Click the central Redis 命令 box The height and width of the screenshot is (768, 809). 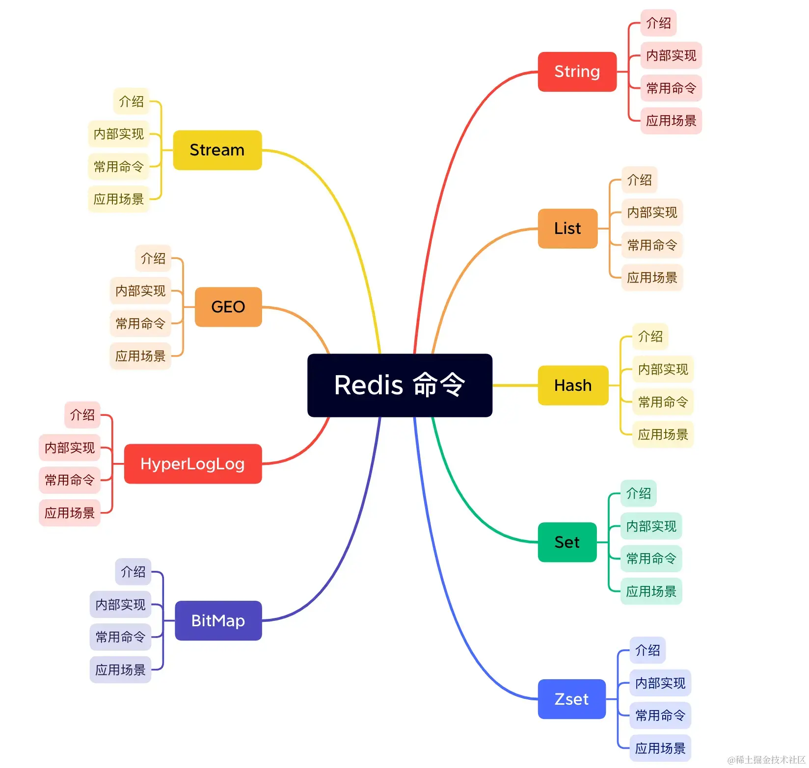tap(400, 385)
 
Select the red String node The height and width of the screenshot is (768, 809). tap(577, 72)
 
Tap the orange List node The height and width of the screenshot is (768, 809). tap(567, 229)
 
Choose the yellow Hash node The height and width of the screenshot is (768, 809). tap(573, 385)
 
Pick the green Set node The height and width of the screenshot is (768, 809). tap(567, 542)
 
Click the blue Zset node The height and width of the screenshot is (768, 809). tap(571, 699)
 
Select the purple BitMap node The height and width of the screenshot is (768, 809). tap(218, 620)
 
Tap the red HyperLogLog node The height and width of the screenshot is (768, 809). tap(192, 463)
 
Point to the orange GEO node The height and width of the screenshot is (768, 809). tap(228, 307)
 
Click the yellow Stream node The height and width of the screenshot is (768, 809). tap(217, 150)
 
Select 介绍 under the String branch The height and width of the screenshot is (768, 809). tap(658, 23)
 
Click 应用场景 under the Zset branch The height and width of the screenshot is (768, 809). tap(660, 748)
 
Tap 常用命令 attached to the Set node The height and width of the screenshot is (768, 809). tap(651, 559)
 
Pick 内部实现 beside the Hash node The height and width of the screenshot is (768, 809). tap(663, 369)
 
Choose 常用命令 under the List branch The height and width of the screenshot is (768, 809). tap(652, 245)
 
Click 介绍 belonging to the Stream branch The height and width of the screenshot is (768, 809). tap(131, 102)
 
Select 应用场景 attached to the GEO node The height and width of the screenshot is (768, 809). tap(140, 356)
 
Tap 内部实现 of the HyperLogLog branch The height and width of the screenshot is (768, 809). tap(70, 447)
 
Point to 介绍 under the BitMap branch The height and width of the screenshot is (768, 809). tap(133, 572)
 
